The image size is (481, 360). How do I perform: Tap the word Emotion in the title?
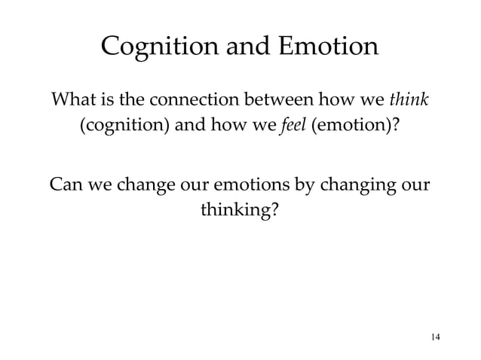327,49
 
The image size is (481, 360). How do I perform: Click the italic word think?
414,100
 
